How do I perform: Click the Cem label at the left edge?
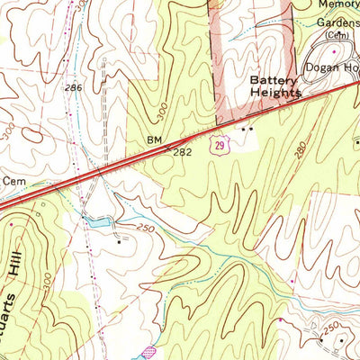coord(13,180)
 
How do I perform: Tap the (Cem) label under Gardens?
coord(336,34)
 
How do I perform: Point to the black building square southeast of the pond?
coord(119,241)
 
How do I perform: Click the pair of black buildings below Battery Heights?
coord(247,128)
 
